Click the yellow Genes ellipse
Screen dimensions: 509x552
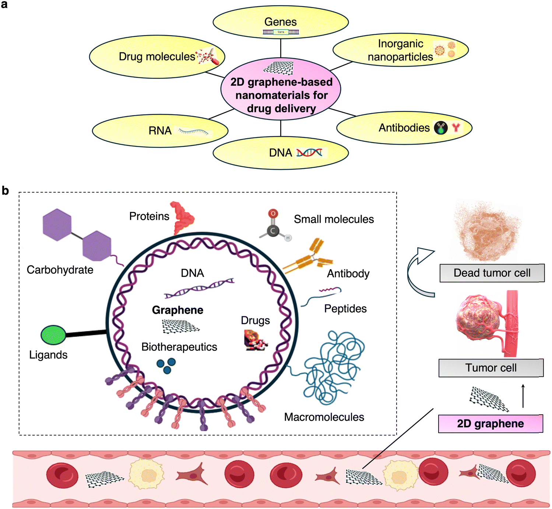[281, 22]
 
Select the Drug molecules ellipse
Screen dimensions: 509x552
[157, 57]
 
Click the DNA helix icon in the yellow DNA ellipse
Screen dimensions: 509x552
[309, 153]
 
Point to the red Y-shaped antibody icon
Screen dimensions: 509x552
[456, 128]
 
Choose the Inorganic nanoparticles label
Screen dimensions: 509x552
[400, 50]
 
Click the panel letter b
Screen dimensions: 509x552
[5, 191]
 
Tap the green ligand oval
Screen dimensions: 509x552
[53, 335]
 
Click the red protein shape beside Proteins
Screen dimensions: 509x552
[183, 217]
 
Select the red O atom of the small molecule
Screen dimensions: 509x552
[273, 213]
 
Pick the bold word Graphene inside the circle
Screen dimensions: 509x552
[177, 310]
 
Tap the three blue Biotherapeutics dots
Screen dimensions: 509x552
[166, 366]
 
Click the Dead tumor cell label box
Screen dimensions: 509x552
[492, 273]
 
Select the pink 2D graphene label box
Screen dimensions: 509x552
[490, 423]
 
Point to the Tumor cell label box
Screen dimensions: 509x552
[491, 368]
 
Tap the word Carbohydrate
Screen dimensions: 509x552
[60, 270]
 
